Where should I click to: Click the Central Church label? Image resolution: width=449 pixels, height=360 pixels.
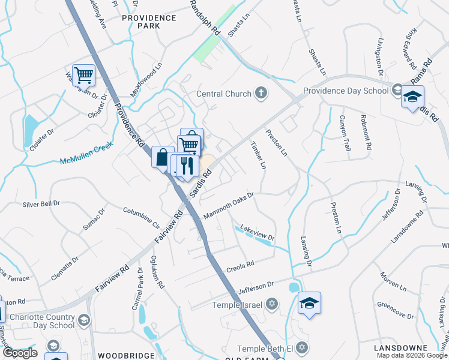pos(224,94)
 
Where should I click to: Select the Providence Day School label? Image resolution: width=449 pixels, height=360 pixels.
pos(346,91)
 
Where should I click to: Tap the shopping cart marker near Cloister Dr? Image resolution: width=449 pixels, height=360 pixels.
pos(84,76)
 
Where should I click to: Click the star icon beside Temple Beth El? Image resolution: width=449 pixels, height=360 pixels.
pos(303,347)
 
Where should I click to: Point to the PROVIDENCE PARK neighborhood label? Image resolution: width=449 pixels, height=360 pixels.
pos(149,22)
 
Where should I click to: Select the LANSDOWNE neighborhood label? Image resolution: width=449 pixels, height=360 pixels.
pos(399,348)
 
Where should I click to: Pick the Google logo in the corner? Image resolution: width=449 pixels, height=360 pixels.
pos(19,353)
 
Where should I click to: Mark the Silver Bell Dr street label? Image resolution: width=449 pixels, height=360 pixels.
pos(41,204)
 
